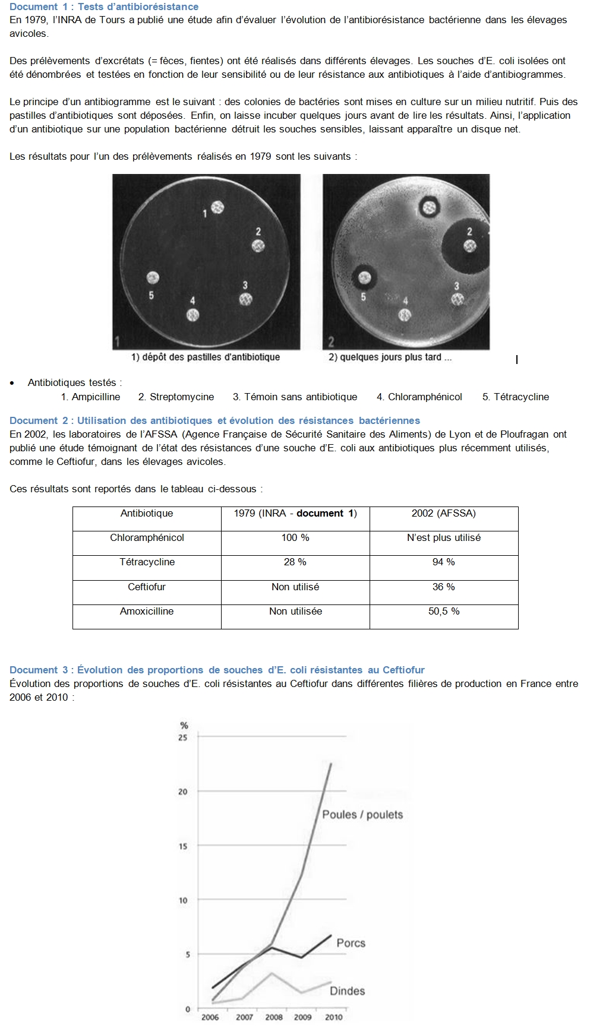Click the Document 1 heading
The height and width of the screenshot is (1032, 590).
[x=104, y=7]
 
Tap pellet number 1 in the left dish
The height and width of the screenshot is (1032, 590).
[x=217, y=207]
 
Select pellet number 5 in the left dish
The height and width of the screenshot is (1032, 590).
[x=153, y=277]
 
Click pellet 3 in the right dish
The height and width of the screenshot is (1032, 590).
[x=457, y=299]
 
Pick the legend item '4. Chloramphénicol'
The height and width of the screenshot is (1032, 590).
[x=419, y=397]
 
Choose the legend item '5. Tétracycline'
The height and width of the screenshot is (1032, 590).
[x=515, y=397]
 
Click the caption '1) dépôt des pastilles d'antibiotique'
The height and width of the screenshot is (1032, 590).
[x=205, y=357]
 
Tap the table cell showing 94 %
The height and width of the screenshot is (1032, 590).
[x=443, y=562]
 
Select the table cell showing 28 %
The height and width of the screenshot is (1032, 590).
[x=295, y=562]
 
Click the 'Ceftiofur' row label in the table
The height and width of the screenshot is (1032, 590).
[x=147, y=587]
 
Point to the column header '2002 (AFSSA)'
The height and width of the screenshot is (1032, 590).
[x=443, y=513]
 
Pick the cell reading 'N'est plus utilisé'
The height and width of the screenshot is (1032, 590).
[x=443, y=537]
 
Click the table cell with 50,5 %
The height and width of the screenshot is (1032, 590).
[x=443, y=611]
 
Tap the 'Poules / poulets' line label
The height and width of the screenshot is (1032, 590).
[x=362, y=815]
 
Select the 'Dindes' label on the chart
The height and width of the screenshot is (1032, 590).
[x=347, y=990]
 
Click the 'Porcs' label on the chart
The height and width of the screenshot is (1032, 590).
[x=351, y=943]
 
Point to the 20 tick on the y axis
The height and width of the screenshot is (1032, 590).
[x=183, y=792]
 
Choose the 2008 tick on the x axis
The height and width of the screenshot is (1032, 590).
[x=273, y=1017]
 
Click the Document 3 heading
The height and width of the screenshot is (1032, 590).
[x=217, y=670]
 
